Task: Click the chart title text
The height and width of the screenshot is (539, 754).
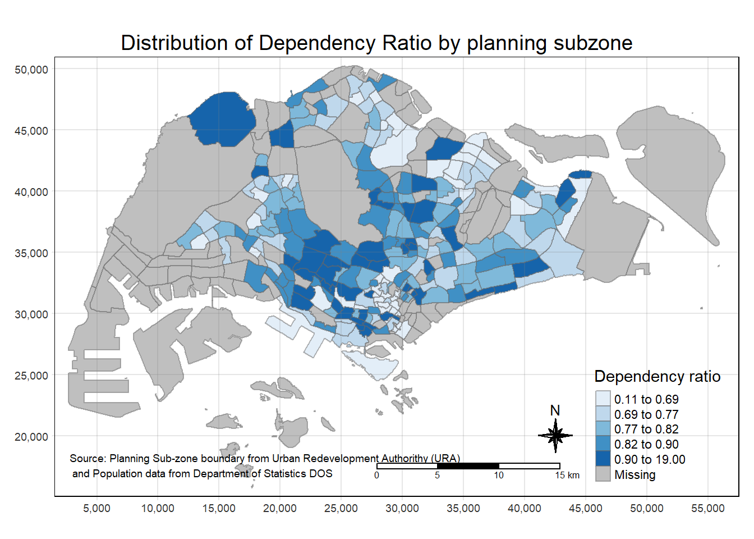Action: (376, 43)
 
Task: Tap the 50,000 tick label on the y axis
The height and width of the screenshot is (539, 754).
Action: (31, 70)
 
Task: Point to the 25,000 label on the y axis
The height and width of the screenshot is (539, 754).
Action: (31, 376)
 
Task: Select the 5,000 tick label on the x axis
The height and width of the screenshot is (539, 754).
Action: (96, 509)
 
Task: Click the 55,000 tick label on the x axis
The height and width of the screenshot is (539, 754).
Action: (707, 509)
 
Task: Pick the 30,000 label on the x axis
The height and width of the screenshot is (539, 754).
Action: (402, 509)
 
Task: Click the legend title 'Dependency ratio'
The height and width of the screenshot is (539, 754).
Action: (657, 376)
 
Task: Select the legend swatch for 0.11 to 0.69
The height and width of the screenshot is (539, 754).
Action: (603, 399)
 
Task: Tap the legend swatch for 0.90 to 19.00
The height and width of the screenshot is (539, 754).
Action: (603, 459)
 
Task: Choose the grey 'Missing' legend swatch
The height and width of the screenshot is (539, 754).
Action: (603, 474)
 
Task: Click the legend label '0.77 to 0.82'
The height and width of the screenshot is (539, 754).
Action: (646, 430)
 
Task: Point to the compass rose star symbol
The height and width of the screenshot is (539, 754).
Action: (555, 435)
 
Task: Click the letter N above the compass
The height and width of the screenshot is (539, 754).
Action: (555, 410)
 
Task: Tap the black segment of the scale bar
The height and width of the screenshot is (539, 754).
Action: (468, 466)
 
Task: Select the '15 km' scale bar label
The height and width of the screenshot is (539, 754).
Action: (567, 476)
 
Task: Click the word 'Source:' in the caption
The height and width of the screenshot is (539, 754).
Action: (88, 459)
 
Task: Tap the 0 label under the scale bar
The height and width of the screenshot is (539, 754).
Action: (376, 476)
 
